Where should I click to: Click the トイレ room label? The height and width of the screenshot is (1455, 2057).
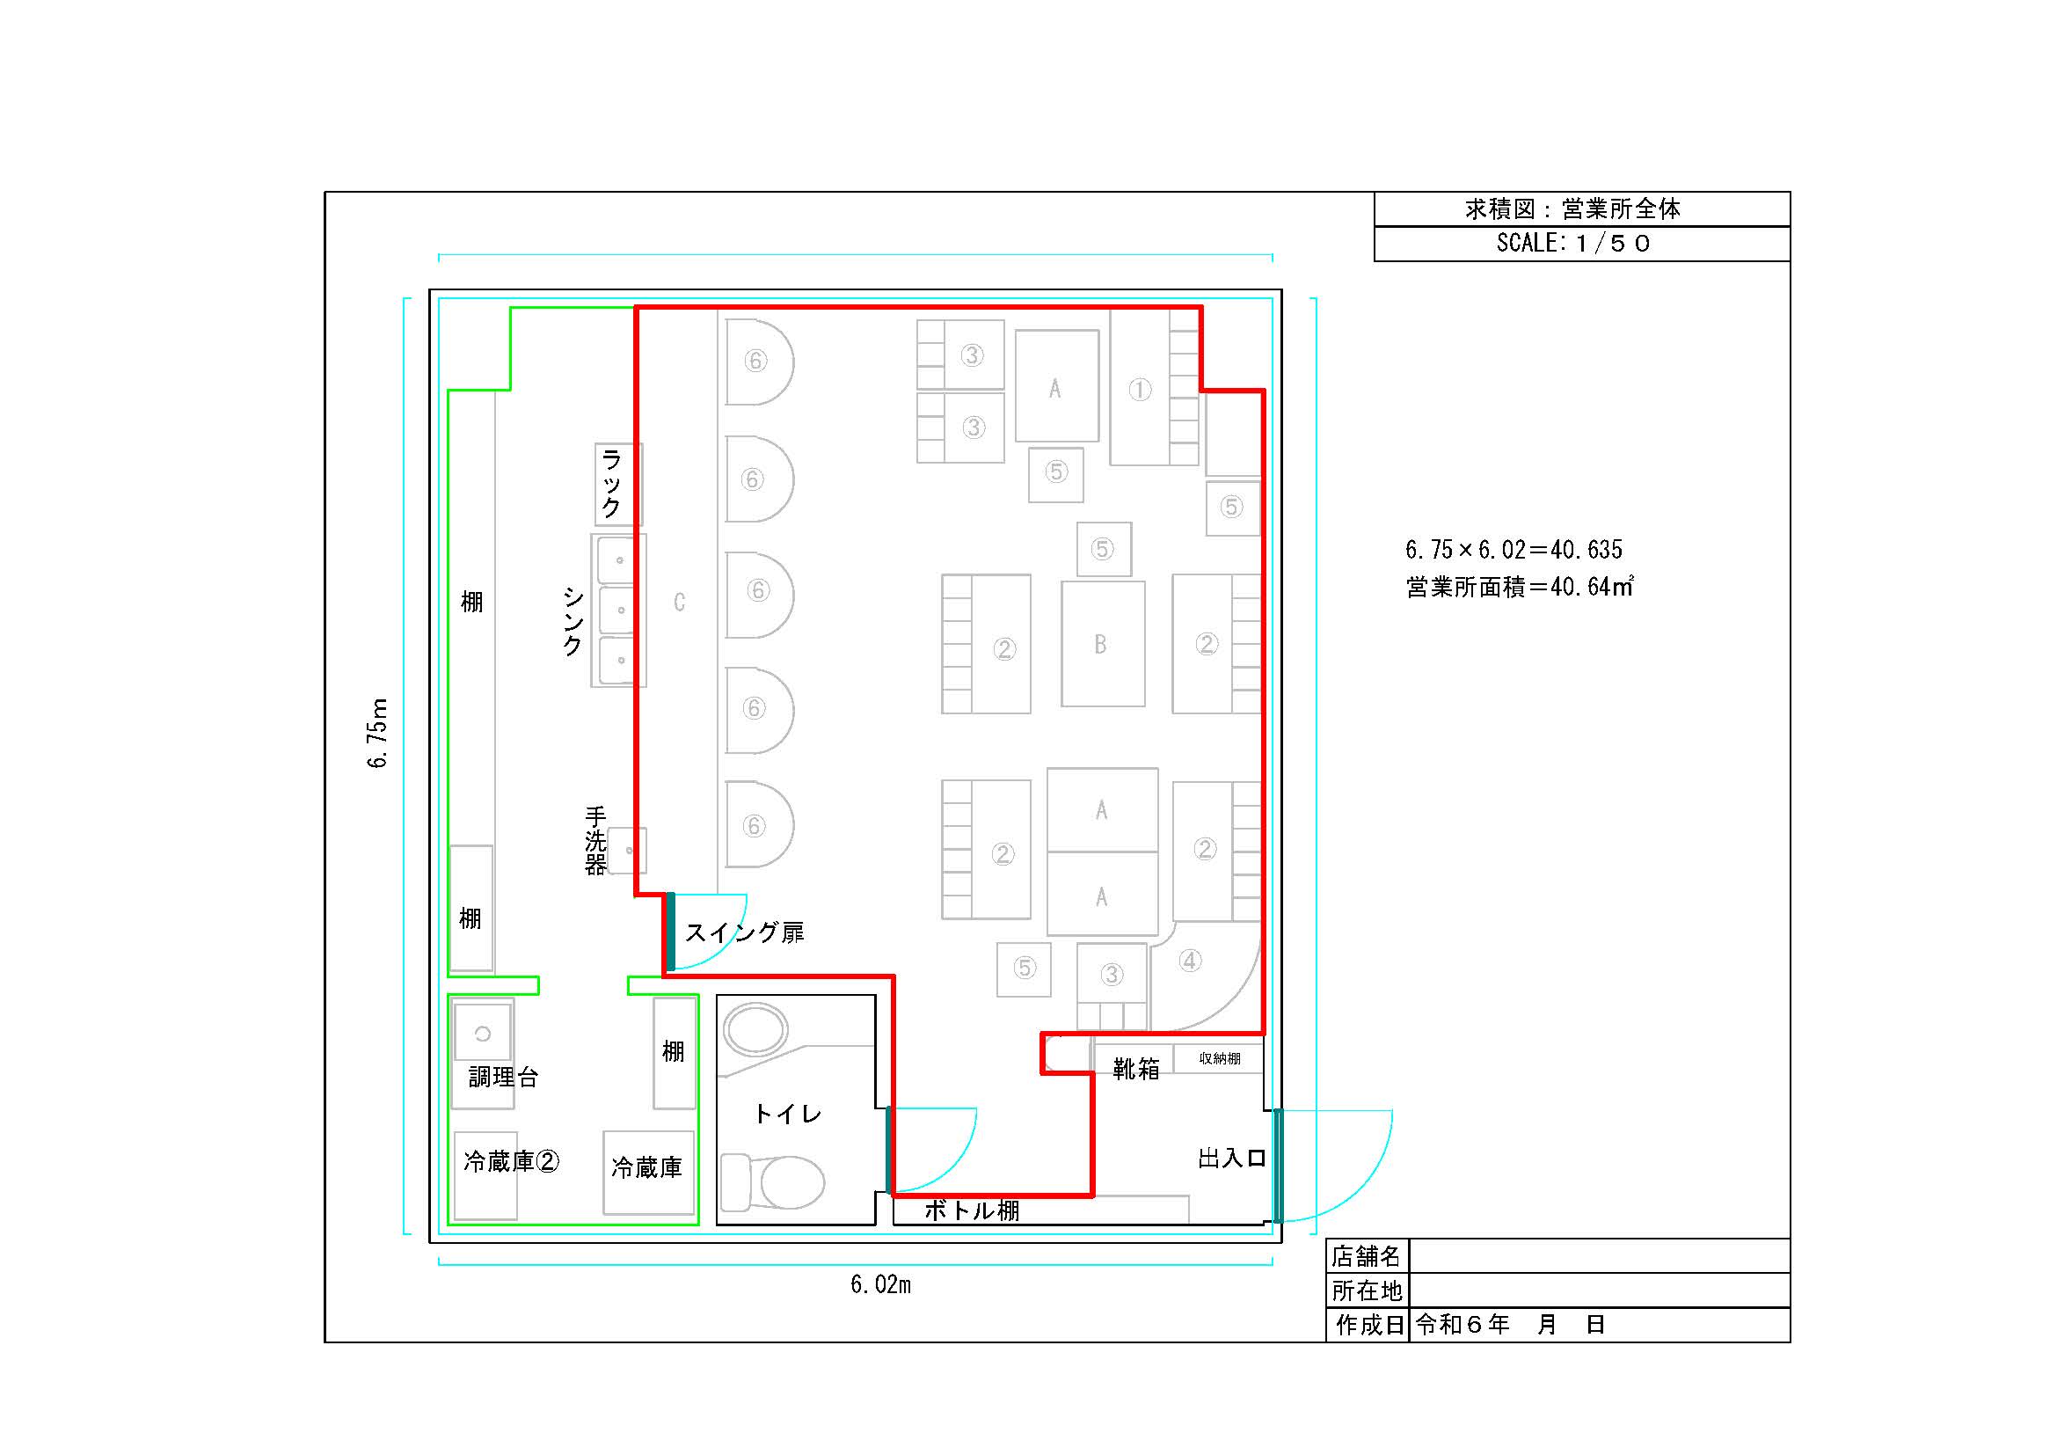[787, 1114]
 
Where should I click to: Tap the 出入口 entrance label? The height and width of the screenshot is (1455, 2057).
[1232, 1158]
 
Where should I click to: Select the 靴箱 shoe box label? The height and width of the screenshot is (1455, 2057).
[1136, 1068]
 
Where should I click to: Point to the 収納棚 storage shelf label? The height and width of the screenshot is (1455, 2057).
[1219, 1058]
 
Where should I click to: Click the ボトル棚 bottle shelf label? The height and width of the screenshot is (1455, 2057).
[972, 1210]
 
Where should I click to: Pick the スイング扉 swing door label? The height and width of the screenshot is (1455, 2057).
[745, 932]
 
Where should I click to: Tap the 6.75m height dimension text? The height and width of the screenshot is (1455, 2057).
[378, 733]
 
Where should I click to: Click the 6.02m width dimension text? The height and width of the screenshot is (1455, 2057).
[880, 1284]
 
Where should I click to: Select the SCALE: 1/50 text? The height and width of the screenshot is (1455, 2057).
[1573, 243]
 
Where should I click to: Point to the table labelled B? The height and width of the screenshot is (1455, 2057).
[1103, 643]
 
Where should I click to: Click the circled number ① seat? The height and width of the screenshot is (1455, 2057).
[1140, 390]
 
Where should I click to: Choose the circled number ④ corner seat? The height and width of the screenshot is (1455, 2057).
[1190, 961]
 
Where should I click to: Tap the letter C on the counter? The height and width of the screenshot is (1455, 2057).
[679, 602]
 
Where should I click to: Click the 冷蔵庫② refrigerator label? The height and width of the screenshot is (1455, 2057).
[512, 1161]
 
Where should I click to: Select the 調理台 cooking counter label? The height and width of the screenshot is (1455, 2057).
[504, 1076]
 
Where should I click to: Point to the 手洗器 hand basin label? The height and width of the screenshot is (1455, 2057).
[595, 840]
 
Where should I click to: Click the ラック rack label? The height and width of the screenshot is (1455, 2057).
[611, 484]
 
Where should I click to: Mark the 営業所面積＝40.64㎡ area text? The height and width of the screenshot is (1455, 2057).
[1520, 587]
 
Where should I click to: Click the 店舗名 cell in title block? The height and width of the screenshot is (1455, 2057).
[1367, 1256]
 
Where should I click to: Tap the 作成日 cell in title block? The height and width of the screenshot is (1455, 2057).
[1369, 1324]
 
